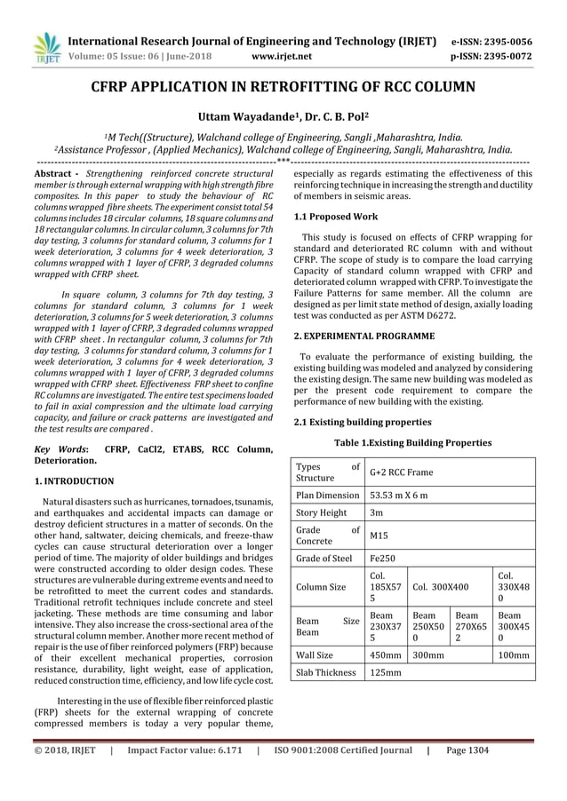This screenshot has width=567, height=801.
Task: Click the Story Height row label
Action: point(321,512)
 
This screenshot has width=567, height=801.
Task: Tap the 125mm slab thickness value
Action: point(385,672)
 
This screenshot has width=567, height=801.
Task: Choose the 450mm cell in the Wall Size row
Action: point(385,654)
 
